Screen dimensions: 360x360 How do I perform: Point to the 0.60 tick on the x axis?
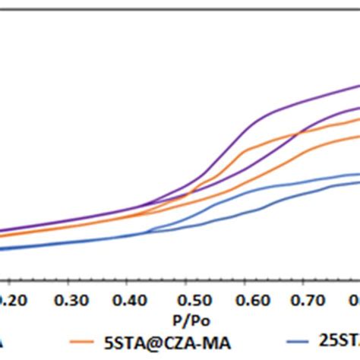245,298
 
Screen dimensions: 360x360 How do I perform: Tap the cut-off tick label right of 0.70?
353,298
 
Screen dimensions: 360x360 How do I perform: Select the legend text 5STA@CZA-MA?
171,341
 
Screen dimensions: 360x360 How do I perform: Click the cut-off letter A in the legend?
4,341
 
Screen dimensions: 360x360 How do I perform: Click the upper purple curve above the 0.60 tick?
245,126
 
